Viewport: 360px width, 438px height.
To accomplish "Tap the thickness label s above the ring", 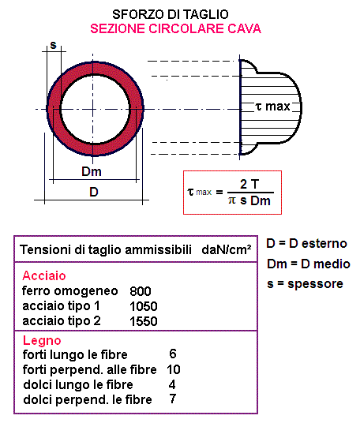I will coord(53,44).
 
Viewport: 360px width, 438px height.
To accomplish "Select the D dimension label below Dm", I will coord(93,192).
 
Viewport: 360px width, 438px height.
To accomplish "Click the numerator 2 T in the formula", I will coord(239,183).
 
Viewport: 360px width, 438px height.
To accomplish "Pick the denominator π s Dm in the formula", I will coord(239,200).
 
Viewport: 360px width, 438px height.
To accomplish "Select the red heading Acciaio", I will coord(44,276).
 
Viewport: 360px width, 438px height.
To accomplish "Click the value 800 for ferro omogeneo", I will coord(141,291).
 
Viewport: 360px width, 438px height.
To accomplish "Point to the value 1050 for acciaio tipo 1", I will coord(144,306).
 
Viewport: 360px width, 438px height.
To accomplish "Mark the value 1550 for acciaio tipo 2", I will coord(144,321).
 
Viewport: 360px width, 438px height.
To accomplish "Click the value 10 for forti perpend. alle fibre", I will coord(174,369).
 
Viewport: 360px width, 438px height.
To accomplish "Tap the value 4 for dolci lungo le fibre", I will coord(172,384).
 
